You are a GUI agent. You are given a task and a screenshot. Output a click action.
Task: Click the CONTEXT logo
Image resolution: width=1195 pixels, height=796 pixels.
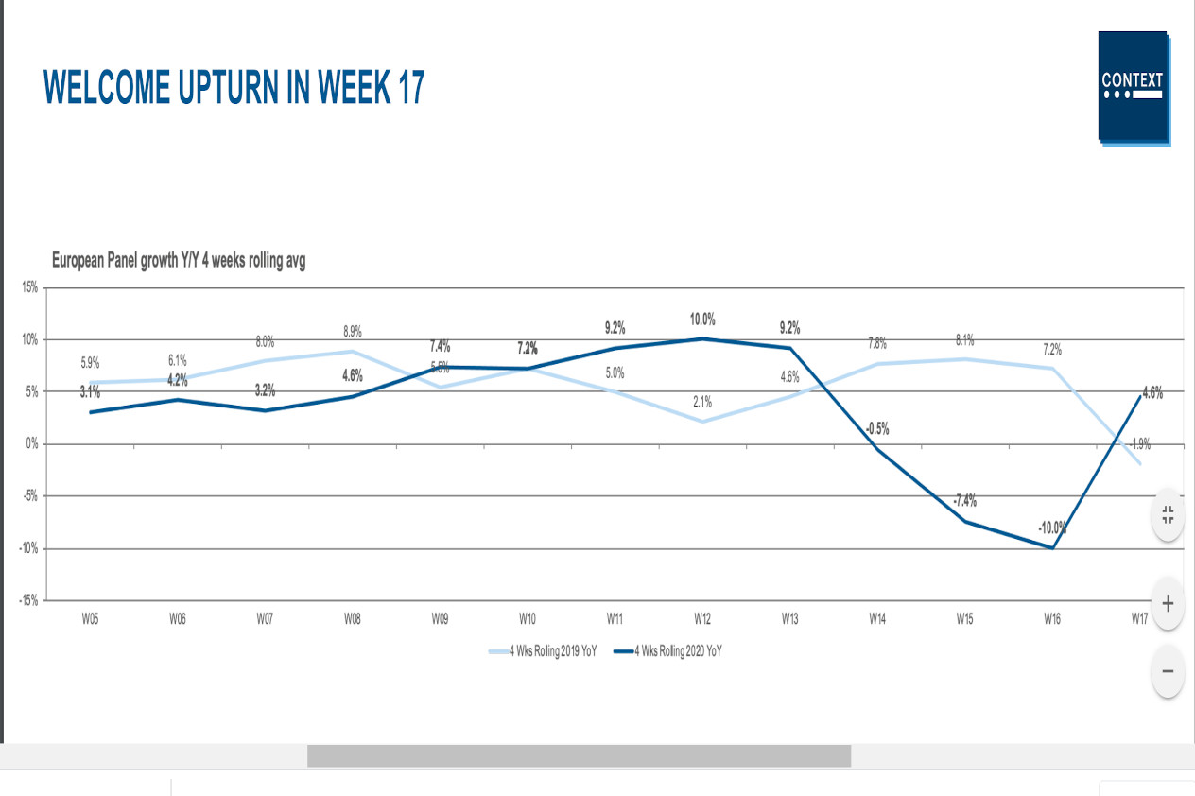(x=1133, y=86)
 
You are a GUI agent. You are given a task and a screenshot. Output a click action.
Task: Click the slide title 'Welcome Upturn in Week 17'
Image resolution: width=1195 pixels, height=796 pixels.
(x=234, y=88)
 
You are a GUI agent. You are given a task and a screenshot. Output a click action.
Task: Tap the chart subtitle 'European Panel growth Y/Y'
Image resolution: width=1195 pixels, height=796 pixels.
(x=178, y=261)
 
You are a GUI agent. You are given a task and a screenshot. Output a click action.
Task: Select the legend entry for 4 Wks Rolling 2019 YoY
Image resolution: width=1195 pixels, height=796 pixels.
(x=543, y=650)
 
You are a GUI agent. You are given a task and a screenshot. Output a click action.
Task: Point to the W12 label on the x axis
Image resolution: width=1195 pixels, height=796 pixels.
(x=702, y=619)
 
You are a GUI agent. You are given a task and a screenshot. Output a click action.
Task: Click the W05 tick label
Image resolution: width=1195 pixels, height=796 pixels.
(x=90, y=619)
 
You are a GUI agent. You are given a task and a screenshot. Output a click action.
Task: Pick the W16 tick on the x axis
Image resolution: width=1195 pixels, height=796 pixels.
(x=1052, y=619)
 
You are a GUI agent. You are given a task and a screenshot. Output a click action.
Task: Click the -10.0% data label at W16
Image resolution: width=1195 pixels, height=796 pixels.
(x=1052, y=528)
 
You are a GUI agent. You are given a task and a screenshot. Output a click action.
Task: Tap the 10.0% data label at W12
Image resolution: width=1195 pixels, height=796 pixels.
(x=702, y=320)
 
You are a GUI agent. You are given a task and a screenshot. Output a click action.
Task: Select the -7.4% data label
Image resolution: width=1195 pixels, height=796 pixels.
(x=964, y=500)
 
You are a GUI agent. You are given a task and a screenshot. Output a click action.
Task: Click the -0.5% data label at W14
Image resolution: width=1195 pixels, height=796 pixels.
(x=876, y=428)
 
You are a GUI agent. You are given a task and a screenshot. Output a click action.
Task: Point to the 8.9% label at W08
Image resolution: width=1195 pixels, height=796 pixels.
(x=352, y=332)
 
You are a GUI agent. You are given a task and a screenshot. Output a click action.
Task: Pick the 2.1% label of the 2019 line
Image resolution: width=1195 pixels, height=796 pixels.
(x=701, y=402)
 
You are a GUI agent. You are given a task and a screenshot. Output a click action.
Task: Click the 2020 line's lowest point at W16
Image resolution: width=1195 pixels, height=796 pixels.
(x=1052, y=547)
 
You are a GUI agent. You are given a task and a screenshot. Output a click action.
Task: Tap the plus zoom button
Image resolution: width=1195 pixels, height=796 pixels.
(x=1168, y=603)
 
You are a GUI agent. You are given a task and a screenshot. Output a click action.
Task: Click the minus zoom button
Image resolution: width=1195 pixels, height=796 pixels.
(x=1168, y=671)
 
